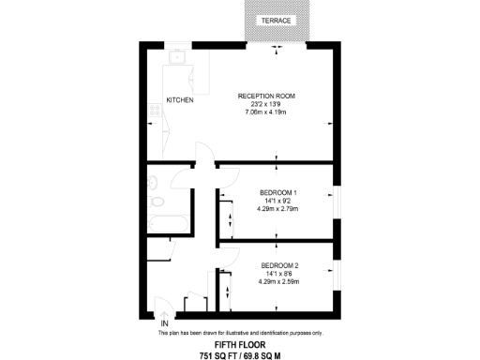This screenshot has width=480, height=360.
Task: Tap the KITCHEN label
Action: pos(180,100)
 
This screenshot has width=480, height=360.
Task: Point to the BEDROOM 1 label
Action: pos(277,192)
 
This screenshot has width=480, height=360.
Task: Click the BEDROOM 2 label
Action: pos(278,264)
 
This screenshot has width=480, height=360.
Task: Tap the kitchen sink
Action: pos(178,57)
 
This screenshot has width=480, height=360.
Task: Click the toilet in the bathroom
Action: pos(157,201)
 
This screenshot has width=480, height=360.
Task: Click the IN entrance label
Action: pos(164,325)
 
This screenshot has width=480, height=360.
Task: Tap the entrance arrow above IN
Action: pos(164,315)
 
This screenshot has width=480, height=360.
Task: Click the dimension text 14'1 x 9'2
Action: pos(277,201)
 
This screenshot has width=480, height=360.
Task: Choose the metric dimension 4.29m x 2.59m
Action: pos(278,280)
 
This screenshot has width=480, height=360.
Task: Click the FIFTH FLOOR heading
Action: pos(239,345)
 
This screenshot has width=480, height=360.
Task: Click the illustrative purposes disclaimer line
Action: pos(239,334)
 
